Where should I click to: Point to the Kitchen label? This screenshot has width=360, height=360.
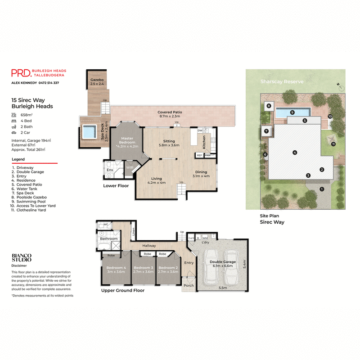tap(204, 142)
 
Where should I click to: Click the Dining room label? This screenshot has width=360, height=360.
tap(201, 172)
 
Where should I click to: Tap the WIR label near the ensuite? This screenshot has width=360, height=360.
tap(130, 167)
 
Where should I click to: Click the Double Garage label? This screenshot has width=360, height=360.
tap(222, 262)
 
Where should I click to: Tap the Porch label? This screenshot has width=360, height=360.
tap(189, 285)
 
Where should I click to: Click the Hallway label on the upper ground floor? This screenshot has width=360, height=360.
tap(149, 246)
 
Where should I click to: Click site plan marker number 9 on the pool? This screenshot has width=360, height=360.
tap(292, 112)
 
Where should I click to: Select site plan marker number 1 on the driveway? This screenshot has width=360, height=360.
tap(322, 189)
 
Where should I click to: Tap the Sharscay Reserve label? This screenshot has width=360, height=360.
tap(281, 82)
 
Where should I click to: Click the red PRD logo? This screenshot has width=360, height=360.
tap(20, 73)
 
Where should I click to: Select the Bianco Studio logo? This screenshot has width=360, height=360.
tap(22, 257)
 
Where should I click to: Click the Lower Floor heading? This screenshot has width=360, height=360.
tap(116, 185)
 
